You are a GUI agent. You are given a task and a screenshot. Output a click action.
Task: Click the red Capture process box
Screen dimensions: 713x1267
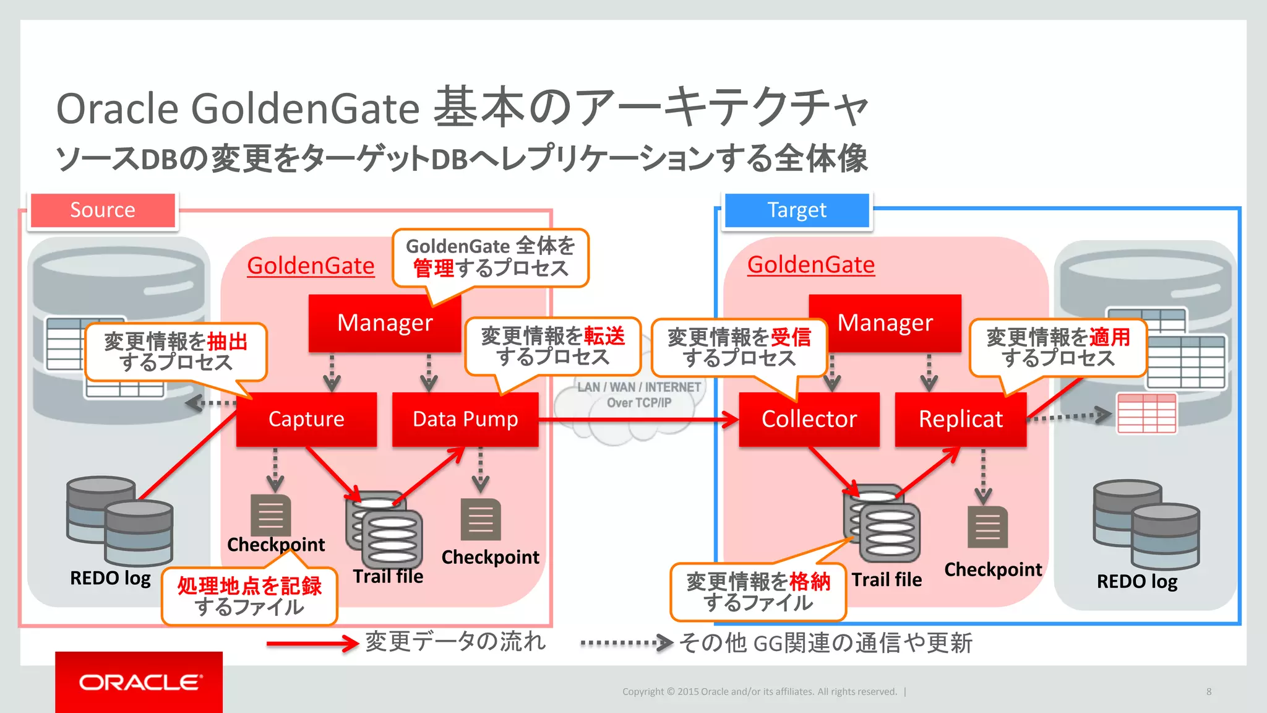point(306,419)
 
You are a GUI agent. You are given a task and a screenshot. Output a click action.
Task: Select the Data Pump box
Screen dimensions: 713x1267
point(465,419)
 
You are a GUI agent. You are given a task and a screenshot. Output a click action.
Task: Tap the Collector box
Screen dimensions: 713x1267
point(809,419)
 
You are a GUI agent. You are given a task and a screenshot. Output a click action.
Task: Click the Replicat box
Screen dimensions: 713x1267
point(960,419)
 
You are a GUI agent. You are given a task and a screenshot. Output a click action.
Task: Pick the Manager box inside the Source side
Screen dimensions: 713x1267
point(384,323)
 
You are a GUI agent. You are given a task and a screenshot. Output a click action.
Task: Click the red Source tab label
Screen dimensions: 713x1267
point(103,210)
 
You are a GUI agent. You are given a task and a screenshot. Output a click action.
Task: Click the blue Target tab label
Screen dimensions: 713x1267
point(797,210)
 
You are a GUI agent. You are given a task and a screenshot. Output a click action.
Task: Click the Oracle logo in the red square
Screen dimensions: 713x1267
point(139,682)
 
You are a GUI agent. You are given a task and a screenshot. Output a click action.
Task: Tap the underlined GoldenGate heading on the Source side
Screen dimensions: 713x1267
point(311,266)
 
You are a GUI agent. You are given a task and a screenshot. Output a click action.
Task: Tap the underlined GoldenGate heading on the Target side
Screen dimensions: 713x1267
point(810,264)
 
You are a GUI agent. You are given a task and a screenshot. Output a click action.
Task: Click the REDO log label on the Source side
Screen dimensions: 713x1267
point(110,578)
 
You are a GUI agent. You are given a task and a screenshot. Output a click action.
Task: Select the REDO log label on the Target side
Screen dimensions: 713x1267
point(1136,581)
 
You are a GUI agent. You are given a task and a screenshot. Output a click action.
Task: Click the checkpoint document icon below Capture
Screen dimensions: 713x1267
point(270,515)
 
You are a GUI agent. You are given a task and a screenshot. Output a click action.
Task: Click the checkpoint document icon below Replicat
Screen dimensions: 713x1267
point(987,527)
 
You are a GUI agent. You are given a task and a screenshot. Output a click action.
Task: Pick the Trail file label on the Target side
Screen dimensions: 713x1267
point(887,579)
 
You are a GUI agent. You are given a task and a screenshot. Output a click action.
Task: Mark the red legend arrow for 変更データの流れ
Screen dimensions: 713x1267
point(312,643)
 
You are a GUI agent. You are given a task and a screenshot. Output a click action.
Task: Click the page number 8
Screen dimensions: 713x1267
point(1208,691)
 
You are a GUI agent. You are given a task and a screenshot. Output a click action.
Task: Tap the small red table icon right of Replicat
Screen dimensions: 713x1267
point(1146,413)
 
